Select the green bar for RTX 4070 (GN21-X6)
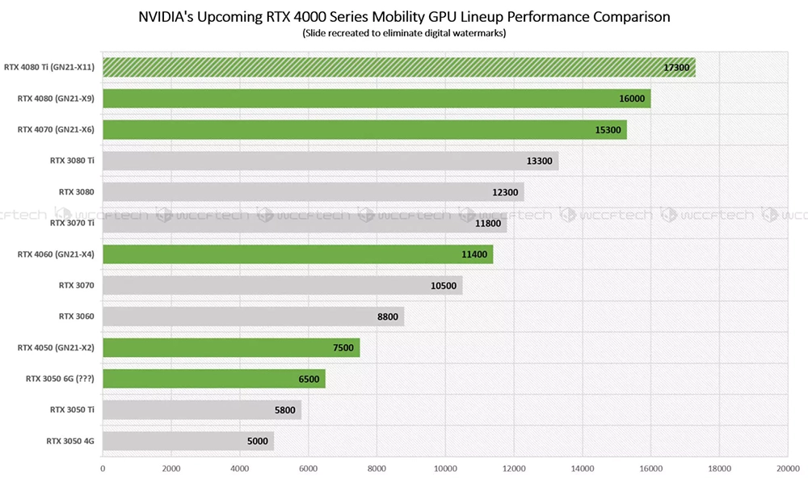364,130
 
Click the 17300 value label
676,68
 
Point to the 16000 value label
632,99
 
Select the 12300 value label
506,192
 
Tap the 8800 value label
388,317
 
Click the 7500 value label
343,348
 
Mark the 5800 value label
284,410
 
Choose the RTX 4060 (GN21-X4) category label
56,254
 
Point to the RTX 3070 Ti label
72,223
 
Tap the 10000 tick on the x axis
445,467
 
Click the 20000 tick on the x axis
788,467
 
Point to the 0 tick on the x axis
103,467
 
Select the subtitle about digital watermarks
404,33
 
